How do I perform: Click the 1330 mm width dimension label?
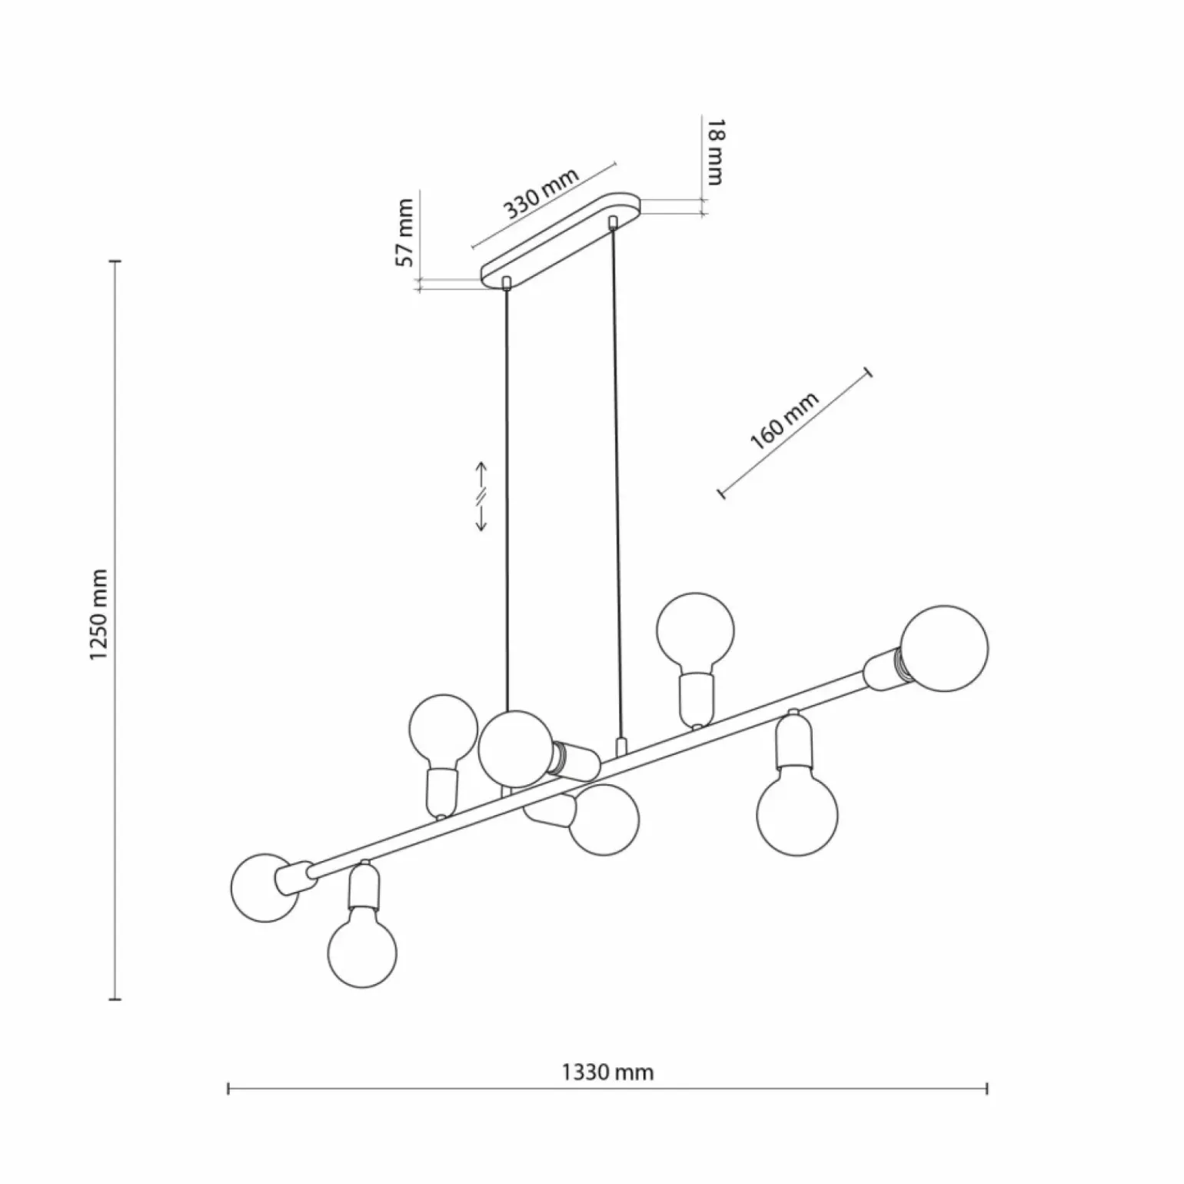tap(607, 1071)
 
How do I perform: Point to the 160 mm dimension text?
tap(784, 421)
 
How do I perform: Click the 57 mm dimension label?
tap(404, 232)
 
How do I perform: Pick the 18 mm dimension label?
tap(715, 152)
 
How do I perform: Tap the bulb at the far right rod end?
tap(945, 647)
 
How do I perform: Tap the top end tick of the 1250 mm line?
tap(116, 261)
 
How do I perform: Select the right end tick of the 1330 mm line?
tap(986, 1088)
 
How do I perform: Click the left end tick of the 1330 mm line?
tap(229, 1088)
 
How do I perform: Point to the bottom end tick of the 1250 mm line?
tap(116, 999)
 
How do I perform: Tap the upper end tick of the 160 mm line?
tap(870, 373)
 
